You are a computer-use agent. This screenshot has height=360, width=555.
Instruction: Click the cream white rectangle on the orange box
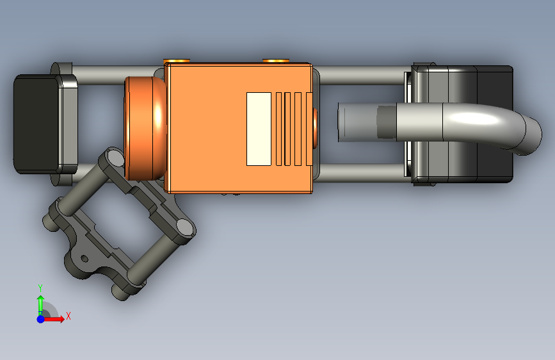pos(259,129)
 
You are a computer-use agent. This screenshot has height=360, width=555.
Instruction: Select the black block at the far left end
pos(36,124)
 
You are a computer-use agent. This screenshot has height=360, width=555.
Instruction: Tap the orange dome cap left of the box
pos(145,128)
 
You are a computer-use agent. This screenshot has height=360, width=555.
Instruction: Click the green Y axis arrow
pos(41,304)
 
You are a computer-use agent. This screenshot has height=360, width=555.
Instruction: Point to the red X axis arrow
pos(54,319)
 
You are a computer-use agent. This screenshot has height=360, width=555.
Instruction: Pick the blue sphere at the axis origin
pos(41,319)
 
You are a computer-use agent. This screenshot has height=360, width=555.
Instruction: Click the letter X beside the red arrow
pos(68,316)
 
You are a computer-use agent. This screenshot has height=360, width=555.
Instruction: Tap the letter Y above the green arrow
pos(40,288)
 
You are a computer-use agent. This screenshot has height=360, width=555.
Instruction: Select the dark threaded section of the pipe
pos(387,122)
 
